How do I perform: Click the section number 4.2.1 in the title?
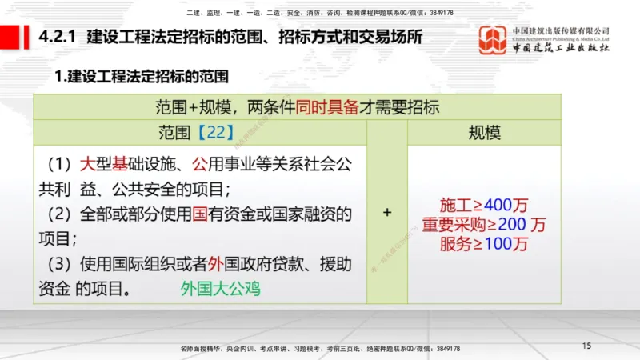point(57,38)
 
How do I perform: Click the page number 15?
point(586,346)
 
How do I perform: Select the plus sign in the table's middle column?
point(387,213)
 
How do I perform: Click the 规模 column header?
point(484,132)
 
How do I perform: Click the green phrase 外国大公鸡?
point(220,287)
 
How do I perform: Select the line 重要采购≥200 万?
point(484,225)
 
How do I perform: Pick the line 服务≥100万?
point(484,244)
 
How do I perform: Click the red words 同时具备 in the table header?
point(324,106)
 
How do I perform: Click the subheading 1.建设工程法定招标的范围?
point(142,77)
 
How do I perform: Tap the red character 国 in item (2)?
point(189,214)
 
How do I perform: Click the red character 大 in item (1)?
point(87,165)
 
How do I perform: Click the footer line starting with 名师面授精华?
point(320,349)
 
